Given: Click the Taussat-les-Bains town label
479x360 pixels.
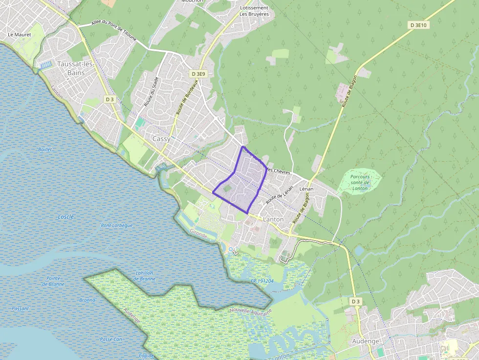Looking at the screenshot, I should [x=71, y=68].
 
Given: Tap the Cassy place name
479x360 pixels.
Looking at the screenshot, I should [x=161, y=139].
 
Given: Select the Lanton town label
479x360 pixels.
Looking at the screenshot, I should [x=273, y=219].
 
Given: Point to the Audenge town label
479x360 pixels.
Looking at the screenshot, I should [x=365, y=341].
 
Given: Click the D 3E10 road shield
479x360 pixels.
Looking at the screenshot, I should [x=419, y=25].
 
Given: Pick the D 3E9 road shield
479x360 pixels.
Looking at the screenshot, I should [x=199, y=74].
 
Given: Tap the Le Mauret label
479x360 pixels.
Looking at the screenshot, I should [x=20, y=35].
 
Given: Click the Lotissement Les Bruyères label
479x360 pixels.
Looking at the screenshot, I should [x=254, y=11].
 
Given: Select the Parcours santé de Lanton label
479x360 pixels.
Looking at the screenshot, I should [x=360, y=182].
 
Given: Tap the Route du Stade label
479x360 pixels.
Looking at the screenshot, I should [x=151, y=92].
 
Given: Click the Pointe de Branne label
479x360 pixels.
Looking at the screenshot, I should [x=53, y=280].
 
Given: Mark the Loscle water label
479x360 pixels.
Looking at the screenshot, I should [x=65, y=216].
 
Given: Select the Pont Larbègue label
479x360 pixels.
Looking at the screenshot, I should [x=116, y=226].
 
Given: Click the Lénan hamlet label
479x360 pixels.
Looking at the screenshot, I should [x=306, y=189].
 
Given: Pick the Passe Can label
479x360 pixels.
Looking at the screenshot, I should [x=110, y=339].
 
